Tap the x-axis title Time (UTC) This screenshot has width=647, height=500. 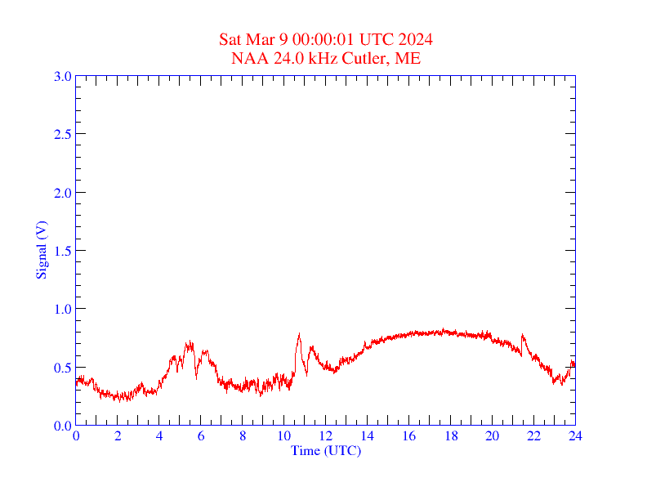point(325,450)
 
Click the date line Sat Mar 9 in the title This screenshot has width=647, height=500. point(325,40)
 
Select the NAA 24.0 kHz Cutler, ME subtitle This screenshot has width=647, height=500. point(325,58)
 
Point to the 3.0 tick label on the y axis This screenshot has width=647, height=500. point(63,76)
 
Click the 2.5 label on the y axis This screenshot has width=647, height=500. point(63,134)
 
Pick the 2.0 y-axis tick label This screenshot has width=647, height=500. point(63,193)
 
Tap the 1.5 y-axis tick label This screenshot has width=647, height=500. point(63,251)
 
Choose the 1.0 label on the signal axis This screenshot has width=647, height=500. point(63,309)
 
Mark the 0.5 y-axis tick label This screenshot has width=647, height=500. point(63,368)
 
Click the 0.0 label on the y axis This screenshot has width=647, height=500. point(63,426)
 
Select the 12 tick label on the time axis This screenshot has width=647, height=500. point(325,436)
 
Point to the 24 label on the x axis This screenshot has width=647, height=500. point(575,436)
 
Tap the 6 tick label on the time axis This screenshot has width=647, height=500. point(201,436)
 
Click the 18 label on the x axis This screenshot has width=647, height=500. point(450,436)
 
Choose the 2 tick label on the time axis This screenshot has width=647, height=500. point(118,436)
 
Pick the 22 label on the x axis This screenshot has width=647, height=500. point(533,436)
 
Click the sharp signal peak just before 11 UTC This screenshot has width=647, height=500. point(299,334)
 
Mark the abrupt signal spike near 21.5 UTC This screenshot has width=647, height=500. point(522,336)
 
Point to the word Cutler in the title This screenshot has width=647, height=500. point(370,58)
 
